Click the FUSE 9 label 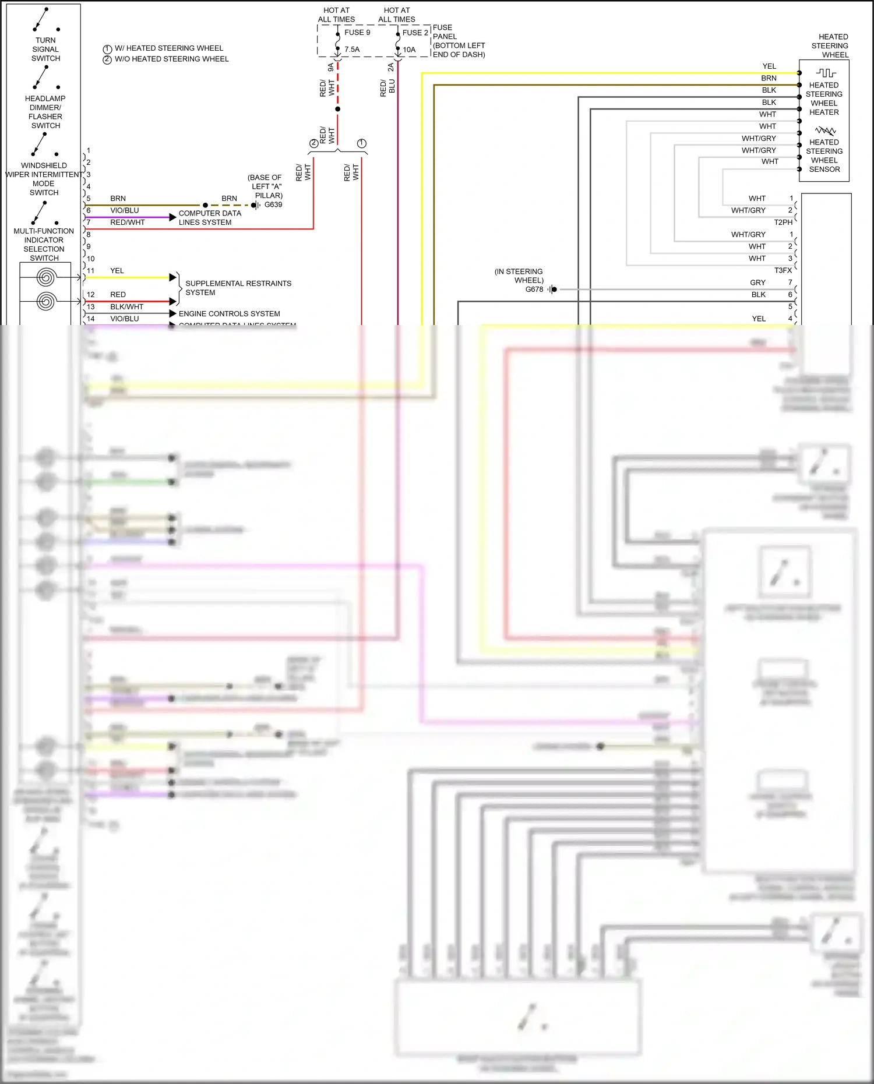click(357, 33)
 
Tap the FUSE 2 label click(415, 33)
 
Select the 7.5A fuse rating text click(352, 50)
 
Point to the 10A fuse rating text click(409, 50)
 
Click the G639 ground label click(273, 205)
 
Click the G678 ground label click(534, 289)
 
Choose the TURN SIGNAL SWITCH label click(45, 50)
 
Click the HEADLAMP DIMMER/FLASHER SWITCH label click(45, 112)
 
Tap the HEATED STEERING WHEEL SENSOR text click(824, 156)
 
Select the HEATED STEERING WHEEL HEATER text click(824, 98)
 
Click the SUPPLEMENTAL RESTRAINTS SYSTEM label click(238, 288)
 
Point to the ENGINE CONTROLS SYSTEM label click(229, 314)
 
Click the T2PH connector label click(783, 223)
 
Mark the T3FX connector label click(783, 270)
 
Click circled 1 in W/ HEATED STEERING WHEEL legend click(107, 49)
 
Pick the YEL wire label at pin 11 click(117, 271)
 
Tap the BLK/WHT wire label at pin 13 click(126, 307)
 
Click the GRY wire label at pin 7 click(757, 283)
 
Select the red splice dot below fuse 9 click(337, 109)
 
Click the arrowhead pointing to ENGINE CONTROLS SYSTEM click(172, 314)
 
